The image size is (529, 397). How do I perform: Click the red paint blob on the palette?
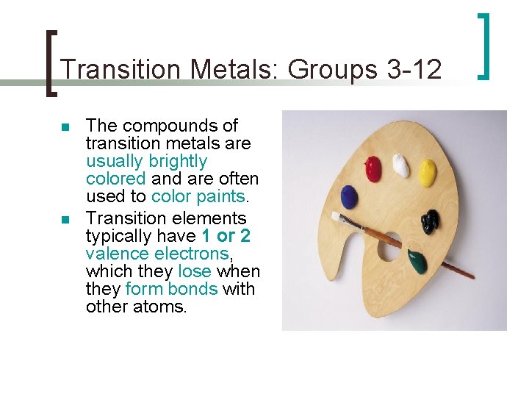tap(374, 168)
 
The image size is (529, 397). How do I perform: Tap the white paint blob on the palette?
tap(400, 165)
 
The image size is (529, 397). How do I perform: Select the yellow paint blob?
tap(427, 173)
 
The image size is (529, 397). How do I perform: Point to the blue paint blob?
tap(349, 196)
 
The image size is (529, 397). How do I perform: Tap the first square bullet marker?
tap(65, 128)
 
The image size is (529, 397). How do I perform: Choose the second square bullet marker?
tap(65, 220)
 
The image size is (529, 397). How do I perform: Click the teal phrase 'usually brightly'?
tap(146, 161)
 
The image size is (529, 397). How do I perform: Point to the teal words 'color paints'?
tap(198, 196)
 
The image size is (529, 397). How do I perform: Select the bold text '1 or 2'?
tap(226, 236)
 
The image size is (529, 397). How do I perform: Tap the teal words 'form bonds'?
tap(171, 289)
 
